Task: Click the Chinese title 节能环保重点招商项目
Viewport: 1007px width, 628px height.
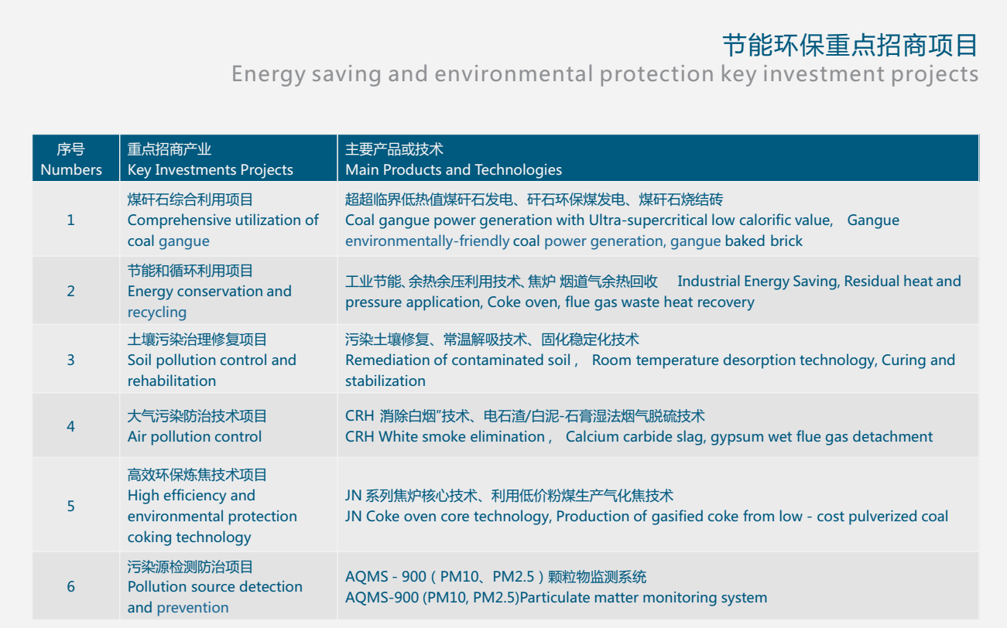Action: tap(850, 46)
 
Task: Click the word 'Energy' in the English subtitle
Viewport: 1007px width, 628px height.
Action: tap(269, 74)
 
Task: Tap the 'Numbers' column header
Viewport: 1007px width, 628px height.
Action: tap(71, 170)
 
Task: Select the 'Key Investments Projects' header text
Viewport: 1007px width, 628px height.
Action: tap(210, 170)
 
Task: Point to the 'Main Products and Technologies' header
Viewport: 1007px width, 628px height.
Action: tap(453, 170)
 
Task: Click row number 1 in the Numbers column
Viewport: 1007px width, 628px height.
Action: tap(70, 220)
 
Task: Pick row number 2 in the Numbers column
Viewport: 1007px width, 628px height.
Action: tap(70, 291)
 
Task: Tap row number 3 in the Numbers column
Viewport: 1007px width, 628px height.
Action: tap(70, 360)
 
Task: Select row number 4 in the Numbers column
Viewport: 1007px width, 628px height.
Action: tap(70, 426)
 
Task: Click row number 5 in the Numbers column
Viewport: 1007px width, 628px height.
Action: tap(70, 507)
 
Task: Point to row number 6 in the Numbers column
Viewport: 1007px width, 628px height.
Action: tap(70, 587)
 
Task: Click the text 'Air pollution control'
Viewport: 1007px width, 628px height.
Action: tap(194, 437)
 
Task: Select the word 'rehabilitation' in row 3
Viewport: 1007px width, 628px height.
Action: tap(171, 381)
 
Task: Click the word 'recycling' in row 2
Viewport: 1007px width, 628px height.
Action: tap(156, 312)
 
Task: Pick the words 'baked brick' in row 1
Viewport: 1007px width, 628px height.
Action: tap(763, 241)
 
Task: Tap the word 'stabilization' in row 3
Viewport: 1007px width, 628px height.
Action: tap(385, 381)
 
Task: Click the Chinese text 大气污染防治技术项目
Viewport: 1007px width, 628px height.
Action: tap(197, 416)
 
